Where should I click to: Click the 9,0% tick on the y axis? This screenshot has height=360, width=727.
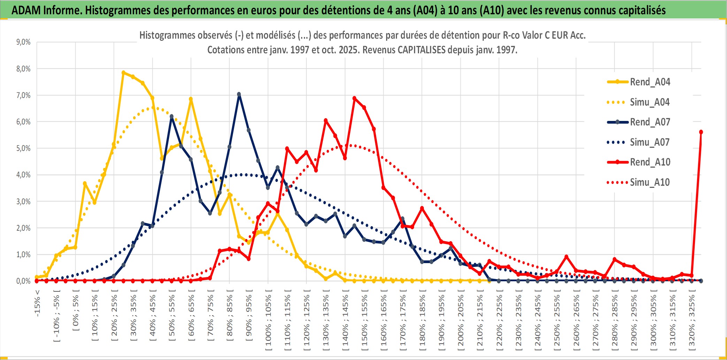point(23,42)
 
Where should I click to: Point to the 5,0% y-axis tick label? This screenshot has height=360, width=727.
point(23,148)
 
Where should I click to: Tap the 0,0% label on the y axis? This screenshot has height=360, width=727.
point(23,281)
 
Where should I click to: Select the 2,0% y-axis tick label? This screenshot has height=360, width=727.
point(23,228)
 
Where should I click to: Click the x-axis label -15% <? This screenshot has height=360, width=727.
point(37,303)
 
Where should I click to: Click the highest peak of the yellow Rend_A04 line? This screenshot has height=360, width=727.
point(123,72)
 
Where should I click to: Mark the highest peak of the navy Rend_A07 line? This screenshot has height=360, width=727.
point(239,94)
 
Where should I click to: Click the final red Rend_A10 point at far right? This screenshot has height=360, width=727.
point(701,132)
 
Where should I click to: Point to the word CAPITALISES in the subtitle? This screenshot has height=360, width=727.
point(421,50)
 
